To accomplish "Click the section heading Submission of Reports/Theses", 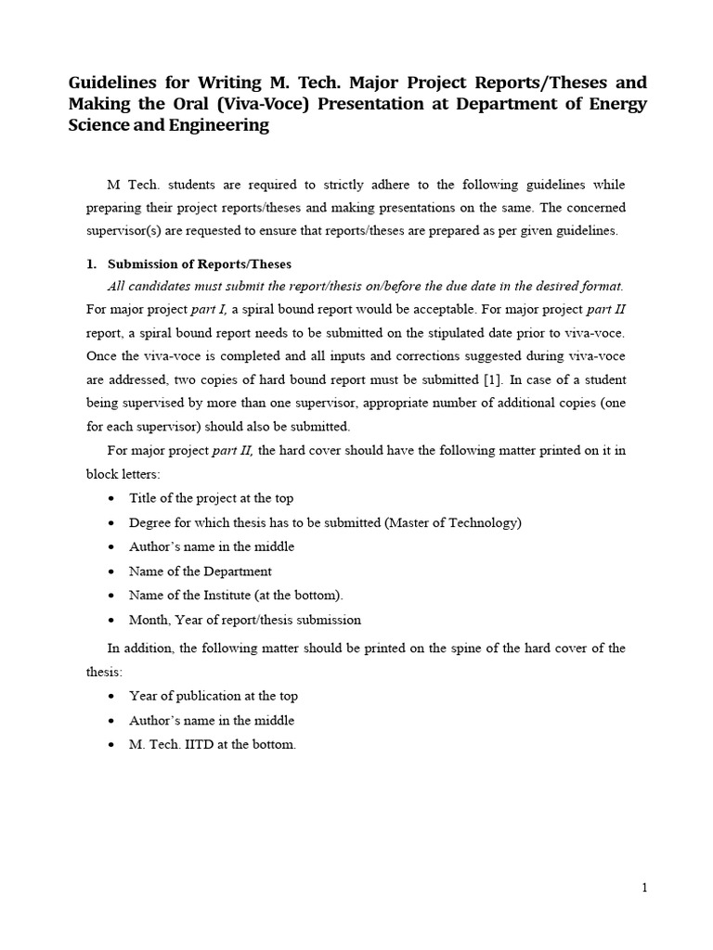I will (200, 264).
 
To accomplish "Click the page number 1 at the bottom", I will (644, 888).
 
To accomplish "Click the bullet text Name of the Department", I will (201, 571).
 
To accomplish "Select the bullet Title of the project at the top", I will (212, 498).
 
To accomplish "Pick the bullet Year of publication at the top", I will (214, 696).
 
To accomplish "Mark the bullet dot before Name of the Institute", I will (111, 596).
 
